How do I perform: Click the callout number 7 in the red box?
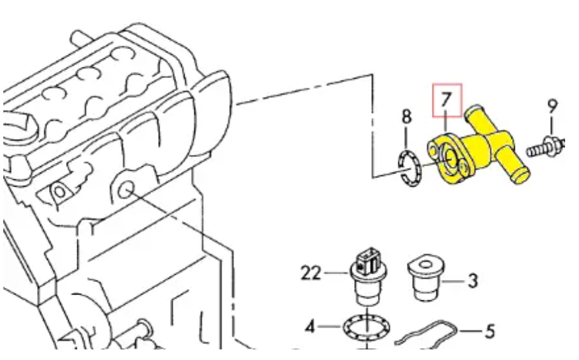447,100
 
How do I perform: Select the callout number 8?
406,116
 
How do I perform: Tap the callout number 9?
552,107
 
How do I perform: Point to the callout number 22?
310,273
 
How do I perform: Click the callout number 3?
472,281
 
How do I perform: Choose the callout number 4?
310,327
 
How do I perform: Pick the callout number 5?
489,331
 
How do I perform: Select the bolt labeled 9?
546,148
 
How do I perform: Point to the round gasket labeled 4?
367,328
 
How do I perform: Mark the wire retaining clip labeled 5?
426,334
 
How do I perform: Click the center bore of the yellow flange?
451,158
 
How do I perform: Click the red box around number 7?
447,100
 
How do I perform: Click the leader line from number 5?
470,330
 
